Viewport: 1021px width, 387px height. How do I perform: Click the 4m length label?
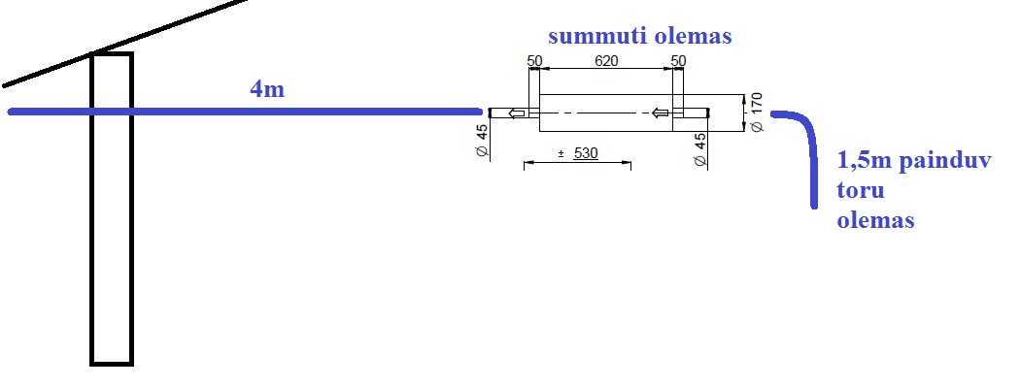(x=267, y=89)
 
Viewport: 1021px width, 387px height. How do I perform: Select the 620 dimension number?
(x=606, y=61)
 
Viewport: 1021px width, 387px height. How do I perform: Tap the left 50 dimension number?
(x=534, y=61)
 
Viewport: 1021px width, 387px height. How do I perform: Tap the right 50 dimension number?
(x=678, y=61)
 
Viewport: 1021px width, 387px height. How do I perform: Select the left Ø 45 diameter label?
(x=483, y=141)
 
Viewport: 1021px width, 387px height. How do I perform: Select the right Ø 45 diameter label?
(x=700, y=150)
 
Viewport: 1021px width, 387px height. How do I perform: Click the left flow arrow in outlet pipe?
(x=517, y=113)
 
